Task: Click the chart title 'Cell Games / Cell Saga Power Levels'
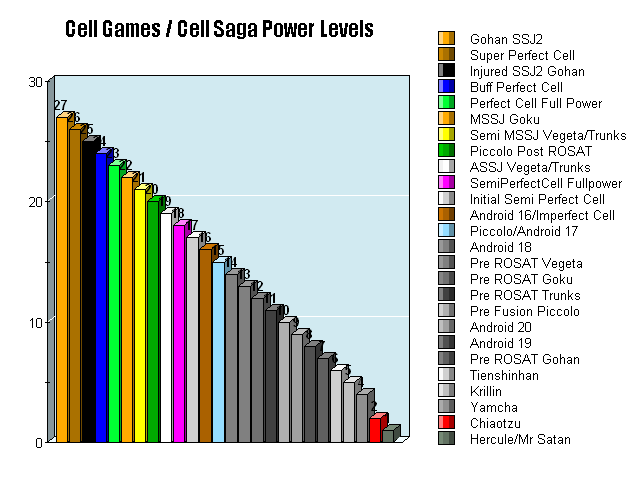coord(219,29)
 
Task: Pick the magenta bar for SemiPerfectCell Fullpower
coord(179,334)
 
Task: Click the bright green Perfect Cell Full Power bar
coord(114,304)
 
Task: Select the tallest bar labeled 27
coord(62,280)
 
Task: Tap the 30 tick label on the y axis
coord(35,82)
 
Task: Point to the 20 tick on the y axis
coord(35,202)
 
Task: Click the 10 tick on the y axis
coord(35,322)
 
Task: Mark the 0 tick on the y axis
coord(38,442)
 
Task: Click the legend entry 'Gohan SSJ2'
coord(499,39)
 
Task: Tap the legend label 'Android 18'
coord(499,247)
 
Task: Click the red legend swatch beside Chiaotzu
coord(446,423)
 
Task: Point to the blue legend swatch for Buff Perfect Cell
coord(446,87)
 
